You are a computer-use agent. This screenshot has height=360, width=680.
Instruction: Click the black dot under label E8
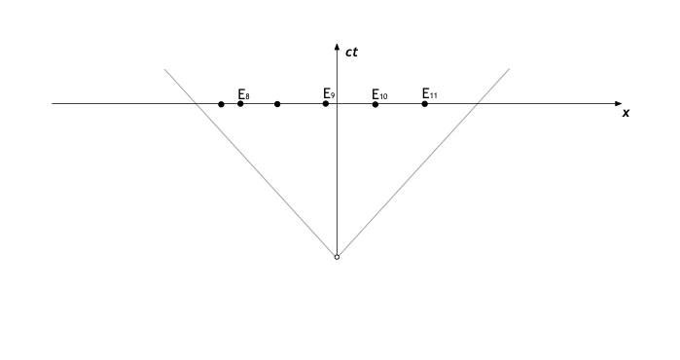click(240, 103)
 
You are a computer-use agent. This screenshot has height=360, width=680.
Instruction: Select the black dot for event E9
click(326, 103)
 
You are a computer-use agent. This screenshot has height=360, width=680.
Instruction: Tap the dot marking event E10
click(376, 103)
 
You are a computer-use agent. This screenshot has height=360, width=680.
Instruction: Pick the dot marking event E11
click(425, 103)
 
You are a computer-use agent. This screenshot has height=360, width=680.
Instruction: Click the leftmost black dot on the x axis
click(221, 103)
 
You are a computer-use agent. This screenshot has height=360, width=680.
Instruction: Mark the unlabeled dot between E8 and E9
click(277, 103)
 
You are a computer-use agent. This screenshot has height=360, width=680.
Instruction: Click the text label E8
click(243, 94)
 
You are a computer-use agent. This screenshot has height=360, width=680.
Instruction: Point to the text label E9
click(329, 93)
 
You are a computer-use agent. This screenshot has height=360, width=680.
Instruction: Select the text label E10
click(379, 95)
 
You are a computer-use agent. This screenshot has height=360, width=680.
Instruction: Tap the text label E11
click(429, 93)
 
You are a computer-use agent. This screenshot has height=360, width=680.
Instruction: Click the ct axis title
click(351, 52)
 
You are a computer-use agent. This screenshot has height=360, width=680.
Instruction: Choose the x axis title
click(626, 113)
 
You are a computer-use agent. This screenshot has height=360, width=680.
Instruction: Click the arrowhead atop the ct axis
click(337, 48)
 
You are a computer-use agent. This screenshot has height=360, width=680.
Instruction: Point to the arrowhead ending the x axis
click(618, 103)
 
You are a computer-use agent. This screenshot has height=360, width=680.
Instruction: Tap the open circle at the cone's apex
click(337, 257)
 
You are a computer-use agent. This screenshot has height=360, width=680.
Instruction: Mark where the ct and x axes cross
click(337, 103)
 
